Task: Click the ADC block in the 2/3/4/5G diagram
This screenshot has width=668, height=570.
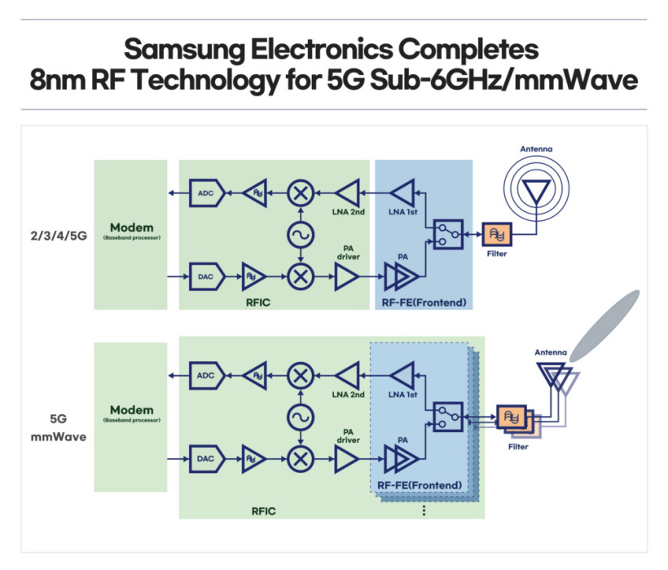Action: pos(205,192)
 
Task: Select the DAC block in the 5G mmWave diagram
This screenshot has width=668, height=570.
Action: pos(205,459)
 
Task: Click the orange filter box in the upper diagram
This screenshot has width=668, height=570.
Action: pos(497,235)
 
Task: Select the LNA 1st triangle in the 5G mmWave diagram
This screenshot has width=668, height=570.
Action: pos(402,376)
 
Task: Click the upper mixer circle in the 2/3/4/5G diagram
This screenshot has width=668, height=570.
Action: pos(301,193)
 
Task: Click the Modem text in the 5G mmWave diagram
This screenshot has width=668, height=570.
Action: pos(130,409)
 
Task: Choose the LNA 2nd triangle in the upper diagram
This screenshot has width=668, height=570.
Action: pos(348,193)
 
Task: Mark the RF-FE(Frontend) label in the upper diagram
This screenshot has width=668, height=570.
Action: pos(424,303)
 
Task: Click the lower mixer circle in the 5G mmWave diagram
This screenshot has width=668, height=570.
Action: pos(301,459)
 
